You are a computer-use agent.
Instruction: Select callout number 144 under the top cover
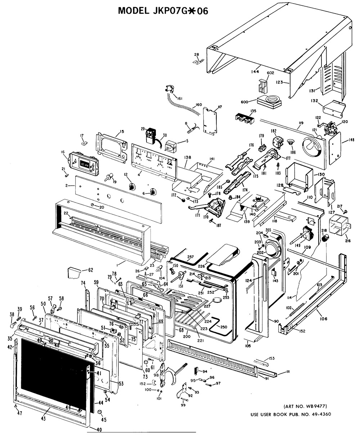255,72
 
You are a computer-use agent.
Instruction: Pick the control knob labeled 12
132,186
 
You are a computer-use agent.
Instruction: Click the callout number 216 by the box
348,241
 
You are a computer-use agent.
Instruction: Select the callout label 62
91,270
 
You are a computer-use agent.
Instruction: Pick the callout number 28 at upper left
197,55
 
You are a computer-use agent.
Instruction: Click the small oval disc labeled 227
216,300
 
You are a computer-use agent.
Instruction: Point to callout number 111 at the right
288,372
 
